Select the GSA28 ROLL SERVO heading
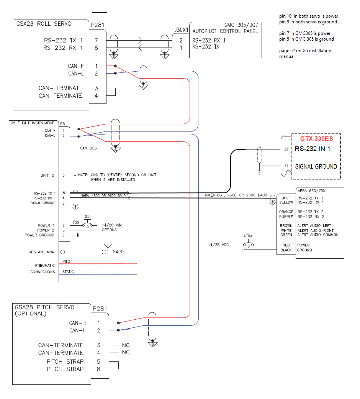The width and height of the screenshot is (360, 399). tap(44, 24)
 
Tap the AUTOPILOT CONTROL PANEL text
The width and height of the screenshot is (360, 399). tap(225, 31)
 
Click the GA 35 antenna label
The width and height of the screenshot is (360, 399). tap(119, 252)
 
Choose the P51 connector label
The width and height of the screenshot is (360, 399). tap(64, 124)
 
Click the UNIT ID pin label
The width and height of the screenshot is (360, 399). tap(47, 175)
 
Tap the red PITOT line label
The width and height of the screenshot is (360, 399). tap(67, 261)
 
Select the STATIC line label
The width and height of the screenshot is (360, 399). tap(68, 272)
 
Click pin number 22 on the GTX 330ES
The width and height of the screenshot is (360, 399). tap(286, 149)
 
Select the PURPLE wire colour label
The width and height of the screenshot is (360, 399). tap(286, 217)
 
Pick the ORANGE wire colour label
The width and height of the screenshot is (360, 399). tap(286, 212)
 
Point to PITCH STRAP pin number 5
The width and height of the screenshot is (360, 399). tap(98, 361)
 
